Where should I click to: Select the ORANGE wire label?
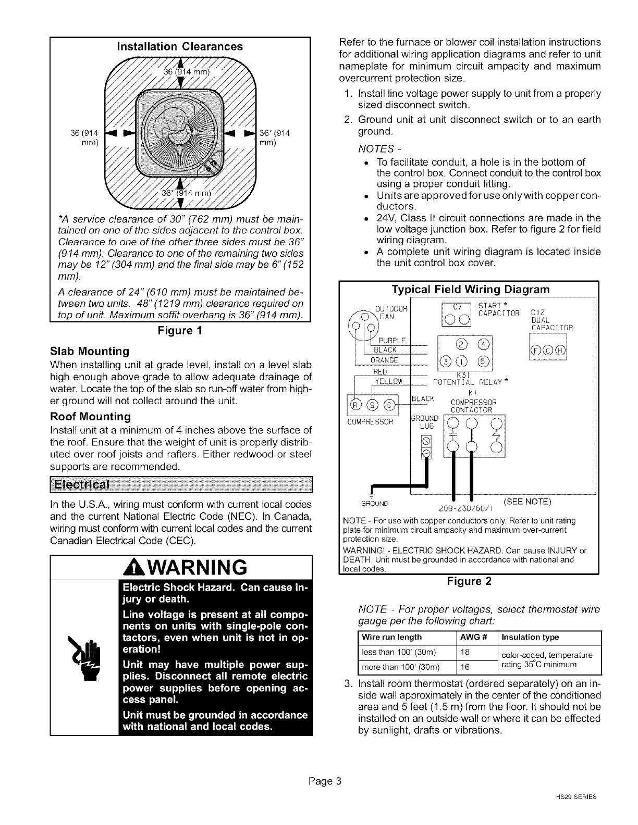pyautogui.click(x=384, y=360)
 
